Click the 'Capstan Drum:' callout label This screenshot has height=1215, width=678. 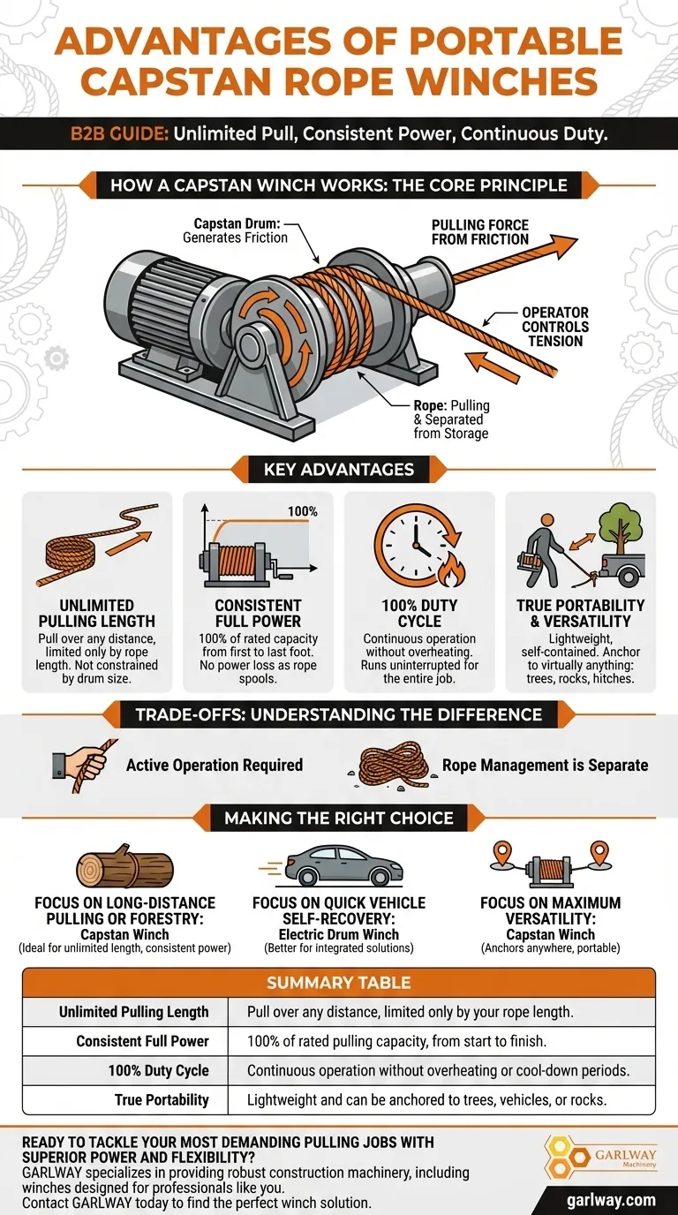coord(237,223)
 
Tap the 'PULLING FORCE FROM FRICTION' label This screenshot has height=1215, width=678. coord(480,232)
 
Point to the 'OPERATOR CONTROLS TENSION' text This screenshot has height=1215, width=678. coord(555,327)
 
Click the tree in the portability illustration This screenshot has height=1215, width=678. coord(621,523)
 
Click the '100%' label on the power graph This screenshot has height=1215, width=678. coord(303,511)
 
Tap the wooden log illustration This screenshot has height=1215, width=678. coord(124,865)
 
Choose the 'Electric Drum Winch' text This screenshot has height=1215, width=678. coord(339,934)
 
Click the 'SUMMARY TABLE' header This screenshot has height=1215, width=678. coord(339,982)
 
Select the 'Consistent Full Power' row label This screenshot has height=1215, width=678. coord(143,1041)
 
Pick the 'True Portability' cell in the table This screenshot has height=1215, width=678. coord(162,1099)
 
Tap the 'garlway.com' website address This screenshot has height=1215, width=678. coord(611,1200)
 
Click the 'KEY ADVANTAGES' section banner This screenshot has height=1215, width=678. coord(339,469)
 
